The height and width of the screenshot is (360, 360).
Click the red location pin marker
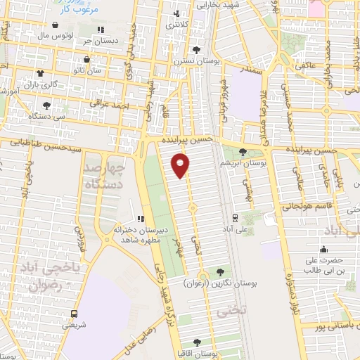coord(181,166)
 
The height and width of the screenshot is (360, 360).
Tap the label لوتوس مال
coord(49,34)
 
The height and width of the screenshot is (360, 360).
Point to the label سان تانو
coord(88,71)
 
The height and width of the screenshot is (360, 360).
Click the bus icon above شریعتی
coord(74,314)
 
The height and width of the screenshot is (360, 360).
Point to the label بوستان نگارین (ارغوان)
coord(221,283)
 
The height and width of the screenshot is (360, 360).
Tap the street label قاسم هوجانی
coord(302,205)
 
